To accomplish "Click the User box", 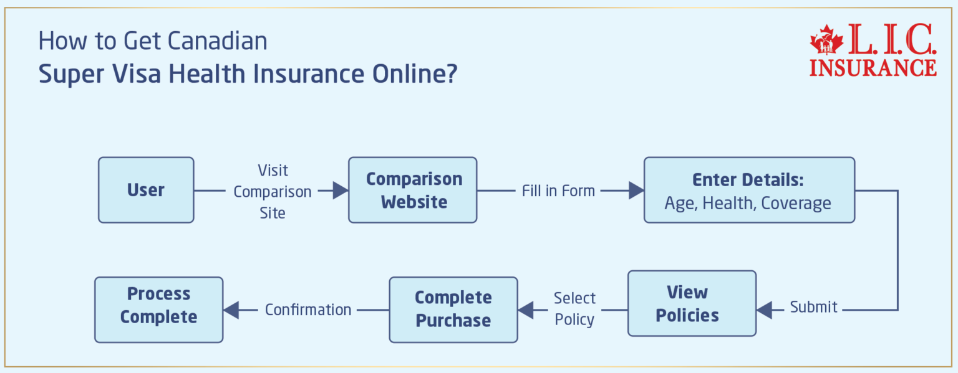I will (146, 190).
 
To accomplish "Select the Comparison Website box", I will (412, 190).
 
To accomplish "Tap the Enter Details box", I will (748, 190).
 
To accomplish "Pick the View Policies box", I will (691, 303).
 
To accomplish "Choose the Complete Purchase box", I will (453, 309).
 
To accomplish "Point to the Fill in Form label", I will (558, 191).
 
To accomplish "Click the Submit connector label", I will (813, 307).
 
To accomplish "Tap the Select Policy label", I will (574, 309).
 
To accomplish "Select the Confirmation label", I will (308, 309).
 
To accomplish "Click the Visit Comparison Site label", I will (273, 191).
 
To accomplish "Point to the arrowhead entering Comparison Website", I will (340, 191).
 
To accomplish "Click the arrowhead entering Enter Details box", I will (636, 191).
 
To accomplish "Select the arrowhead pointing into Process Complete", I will (231, 309).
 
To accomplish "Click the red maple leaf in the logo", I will (826, 42).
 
